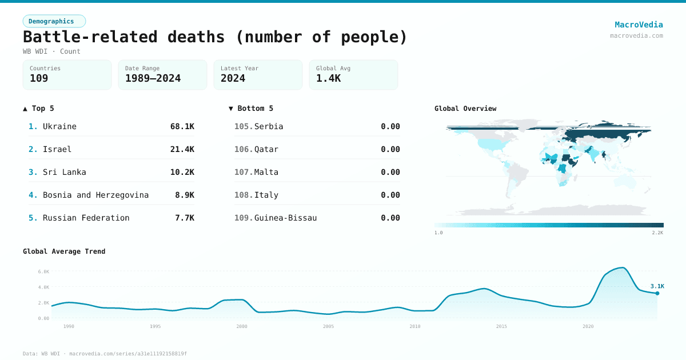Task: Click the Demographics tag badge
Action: pyautogui.click(x=54, y=21)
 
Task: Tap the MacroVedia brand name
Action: pyautogui.click(x=639, y=25)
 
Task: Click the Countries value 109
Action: pyautogui.click(x=39, y=78)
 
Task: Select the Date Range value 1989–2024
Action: pyautogui.click(x=153, y=78)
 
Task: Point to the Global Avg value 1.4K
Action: pyautogui.click(x=328, y=78)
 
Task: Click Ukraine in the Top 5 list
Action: pyautogui.click(x=59, y=126)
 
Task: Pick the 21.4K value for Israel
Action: pyautogui.click(x=182, y=149)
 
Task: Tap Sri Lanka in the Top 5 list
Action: pyautogui.click(x=64, y=172)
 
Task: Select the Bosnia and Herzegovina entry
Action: pyautogui.click(x=95, y=195)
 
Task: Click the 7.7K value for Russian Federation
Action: pyautogui.click(x=184, y=218)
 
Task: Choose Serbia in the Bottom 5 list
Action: pyautogui.click(x=269, y=126)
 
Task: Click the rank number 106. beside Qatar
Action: pyautogui.click(x=244, y=149)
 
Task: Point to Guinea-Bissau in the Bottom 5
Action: pyautogui.click(x=285, y=218)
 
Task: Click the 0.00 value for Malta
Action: pyautogui.click(x=390, y=172)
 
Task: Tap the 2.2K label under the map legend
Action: pyautogui.click(x=657, y=233)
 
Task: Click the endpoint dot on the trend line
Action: pyautogui.click(x=657, y=293)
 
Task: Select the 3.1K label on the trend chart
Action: pyautogui.click(x=657, y=286)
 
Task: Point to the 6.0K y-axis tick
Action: pyautogui.click(x=43, y=271)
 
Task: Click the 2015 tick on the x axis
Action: pyautogui.click(x=501, y=326)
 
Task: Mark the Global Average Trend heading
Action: pyautogui.click(x=64, y=251)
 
